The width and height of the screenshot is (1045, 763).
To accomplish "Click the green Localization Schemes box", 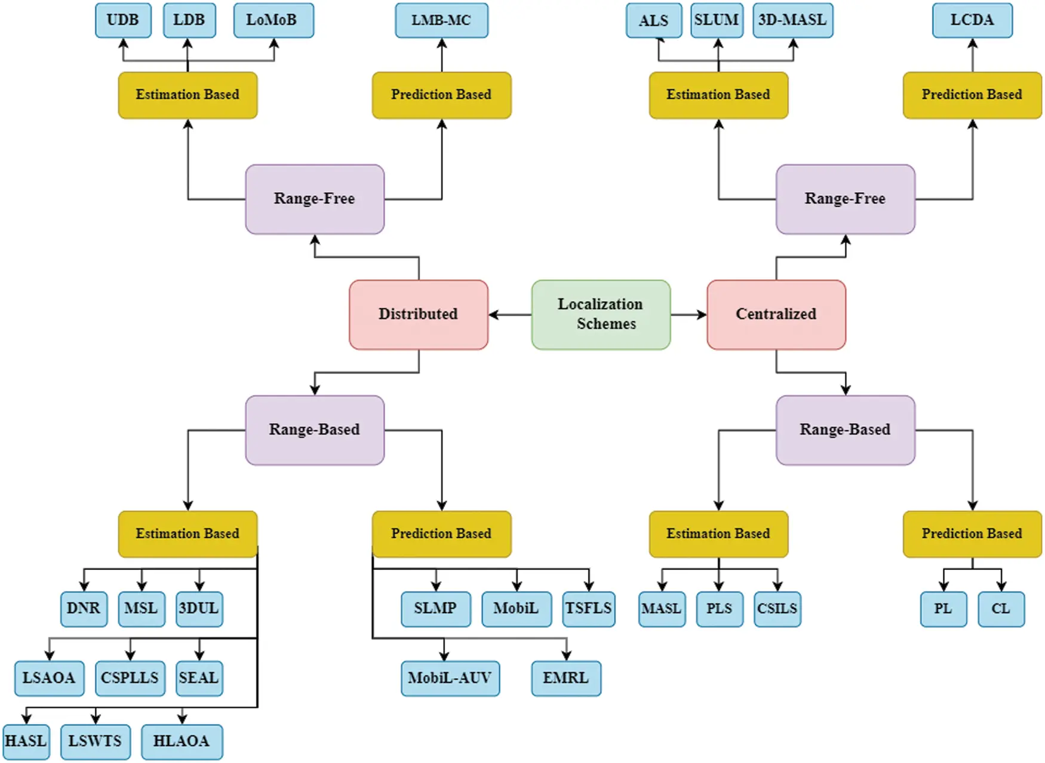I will [x=601, y=314].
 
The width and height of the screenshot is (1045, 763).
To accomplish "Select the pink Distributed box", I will [x=418, y=314].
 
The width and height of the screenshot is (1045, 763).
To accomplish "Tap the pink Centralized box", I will [x=776, y=314].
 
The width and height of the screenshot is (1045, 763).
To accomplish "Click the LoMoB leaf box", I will [x=273, y=20].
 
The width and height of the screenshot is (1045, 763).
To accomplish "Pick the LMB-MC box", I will [x=441, y=20].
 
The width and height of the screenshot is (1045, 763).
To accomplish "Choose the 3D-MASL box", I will [x=792, y=20].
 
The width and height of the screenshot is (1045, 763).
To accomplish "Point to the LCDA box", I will [x=972, y=20].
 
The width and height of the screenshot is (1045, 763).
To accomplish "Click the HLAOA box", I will [x=182, y=741].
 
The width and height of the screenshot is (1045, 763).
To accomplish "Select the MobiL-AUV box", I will [x=450, y=678].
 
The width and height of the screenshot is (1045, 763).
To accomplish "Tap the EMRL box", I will [x=565, y=678].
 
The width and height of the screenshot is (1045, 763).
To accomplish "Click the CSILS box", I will [x=777, y=609].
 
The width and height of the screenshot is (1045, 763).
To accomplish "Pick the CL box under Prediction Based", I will [x=1001, y=609].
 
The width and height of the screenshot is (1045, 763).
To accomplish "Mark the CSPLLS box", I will [x=130, y=678].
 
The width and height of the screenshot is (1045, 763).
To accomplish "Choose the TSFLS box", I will [x=588, y=609].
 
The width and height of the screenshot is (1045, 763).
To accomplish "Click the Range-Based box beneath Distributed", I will [x=314, y=430].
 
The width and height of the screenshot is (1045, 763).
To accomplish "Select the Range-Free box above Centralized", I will [x=845, y=199].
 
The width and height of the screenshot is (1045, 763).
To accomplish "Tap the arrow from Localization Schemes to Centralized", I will [x=689, y=314].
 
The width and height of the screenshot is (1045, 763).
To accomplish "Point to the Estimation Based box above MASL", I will [x=718, y=534].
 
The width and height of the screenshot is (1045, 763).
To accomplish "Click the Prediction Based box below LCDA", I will [x=972, y=95].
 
